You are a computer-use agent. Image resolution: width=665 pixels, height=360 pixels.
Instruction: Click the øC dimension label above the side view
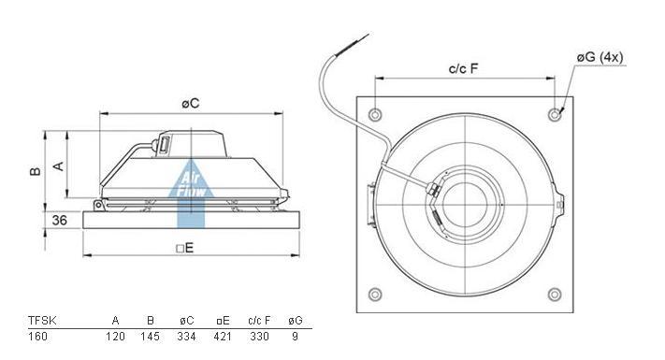191,103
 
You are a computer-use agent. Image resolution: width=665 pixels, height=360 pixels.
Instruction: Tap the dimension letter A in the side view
59,166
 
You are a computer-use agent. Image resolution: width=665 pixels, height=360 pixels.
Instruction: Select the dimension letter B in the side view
36,170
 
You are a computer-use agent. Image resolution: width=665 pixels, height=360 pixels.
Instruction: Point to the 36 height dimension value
59,220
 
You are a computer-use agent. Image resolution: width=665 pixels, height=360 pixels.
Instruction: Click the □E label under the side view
185,248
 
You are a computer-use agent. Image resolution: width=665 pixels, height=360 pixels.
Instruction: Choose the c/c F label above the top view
464,68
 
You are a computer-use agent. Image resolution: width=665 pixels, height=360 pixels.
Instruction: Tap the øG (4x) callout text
600,57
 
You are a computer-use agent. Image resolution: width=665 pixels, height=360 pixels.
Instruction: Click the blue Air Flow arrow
191,194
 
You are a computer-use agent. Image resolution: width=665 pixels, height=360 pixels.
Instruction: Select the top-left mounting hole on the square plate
375,114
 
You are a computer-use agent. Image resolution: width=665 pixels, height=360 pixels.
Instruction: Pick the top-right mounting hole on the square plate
555,114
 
